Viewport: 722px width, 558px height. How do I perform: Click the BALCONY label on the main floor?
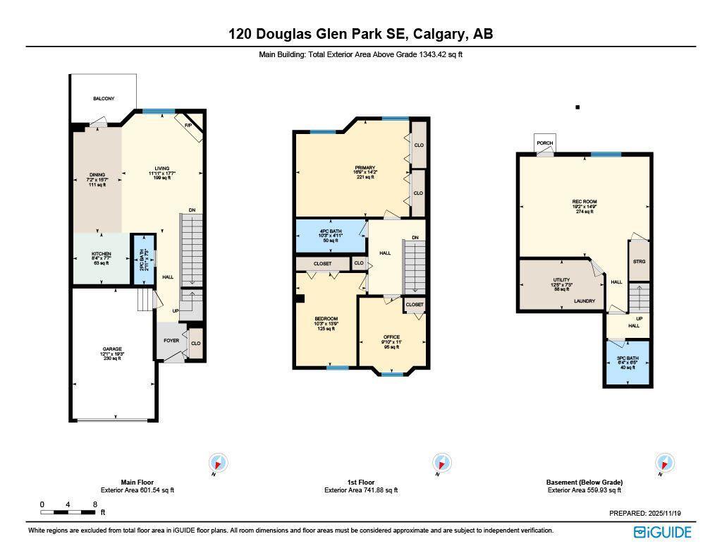[104, 99]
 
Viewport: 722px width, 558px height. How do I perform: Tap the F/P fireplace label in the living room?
[188, 126]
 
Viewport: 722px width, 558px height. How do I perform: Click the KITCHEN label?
[102, 254]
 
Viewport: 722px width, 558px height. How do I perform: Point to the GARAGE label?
[112, 349]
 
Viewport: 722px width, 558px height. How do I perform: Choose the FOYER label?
[171, 340]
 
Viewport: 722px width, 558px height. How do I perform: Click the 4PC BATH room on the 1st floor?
[330, 233]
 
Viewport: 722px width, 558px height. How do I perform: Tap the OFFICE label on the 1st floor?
[391, 337]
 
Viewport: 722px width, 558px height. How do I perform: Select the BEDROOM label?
[326, 319]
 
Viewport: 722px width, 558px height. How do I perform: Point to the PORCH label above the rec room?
[545, 143]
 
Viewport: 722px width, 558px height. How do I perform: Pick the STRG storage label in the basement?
[639, 262]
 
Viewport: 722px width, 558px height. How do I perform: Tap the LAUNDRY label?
[585, 301]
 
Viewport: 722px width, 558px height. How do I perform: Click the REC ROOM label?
[585, 202]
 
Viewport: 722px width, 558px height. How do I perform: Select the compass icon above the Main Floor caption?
[219, 463]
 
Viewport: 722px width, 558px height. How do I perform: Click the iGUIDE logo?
[662, 533]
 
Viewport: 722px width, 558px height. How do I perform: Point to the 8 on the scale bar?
[94, 504]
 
